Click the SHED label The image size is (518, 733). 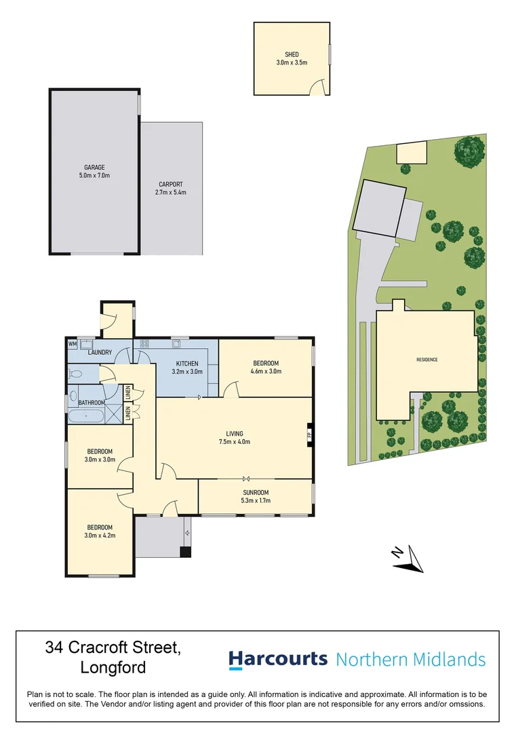[x=292, y=54]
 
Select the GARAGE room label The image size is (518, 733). [x=94, y=167]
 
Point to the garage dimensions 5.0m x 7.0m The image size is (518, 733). [x=94, y=176]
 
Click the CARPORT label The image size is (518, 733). [x=171, y=184]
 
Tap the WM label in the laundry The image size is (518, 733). [x=72, y=344]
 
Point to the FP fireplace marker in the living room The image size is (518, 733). [x=309, y=434]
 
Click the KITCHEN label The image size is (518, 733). [x=186, y=364]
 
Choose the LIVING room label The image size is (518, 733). [x=235, y=434]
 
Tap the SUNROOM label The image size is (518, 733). [x=256, y=493]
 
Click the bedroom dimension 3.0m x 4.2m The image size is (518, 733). [x=100, y=535]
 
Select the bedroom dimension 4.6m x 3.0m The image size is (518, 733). [x=266, y=371]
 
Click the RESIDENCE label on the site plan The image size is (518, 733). [x=427, y=360]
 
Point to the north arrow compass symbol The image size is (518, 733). [x=408, y=559]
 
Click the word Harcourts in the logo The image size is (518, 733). [x=278, y=659]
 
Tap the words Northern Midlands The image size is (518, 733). [x=411, y=659]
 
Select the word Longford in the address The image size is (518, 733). [x=113, y=667]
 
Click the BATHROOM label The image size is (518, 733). [x=90, y=402]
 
